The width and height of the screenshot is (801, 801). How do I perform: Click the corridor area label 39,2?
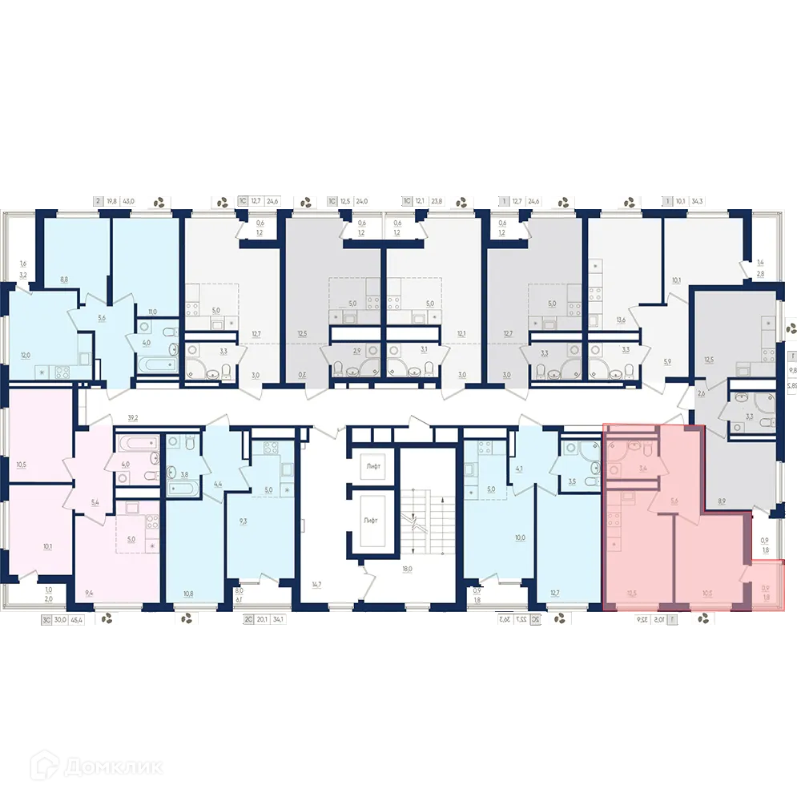click(133, 417)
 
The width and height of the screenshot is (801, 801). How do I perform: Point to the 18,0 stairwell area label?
click(407, 570)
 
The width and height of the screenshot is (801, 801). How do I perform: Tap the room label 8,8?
click(63, 280)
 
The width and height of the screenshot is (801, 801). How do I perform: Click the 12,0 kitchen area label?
click(26, 355)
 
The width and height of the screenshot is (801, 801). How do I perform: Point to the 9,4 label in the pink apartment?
click(91, 594)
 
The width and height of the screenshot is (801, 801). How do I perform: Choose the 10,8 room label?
click(188, 594)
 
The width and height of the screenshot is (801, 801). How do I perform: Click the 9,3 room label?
click(242, 521)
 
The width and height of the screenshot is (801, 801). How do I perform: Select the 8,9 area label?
click(722, 502)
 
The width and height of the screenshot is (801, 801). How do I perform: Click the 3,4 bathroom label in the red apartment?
click(642, 470)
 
